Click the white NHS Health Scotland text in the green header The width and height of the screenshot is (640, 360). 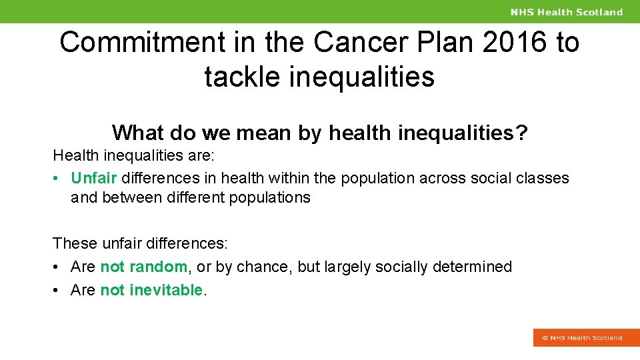click(x=566, y=12)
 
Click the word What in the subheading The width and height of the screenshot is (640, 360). click(x=137, y=133)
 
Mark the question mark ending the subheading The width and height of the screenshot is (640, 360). click(x=521, y=133)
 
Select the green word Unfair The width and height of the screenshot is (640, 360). click(x=93, y=178)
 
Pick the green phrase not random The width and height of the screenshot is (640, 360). click(x=143, y=267)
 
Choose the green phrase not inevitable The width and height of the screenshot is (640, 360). click(x=151, y=290)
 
